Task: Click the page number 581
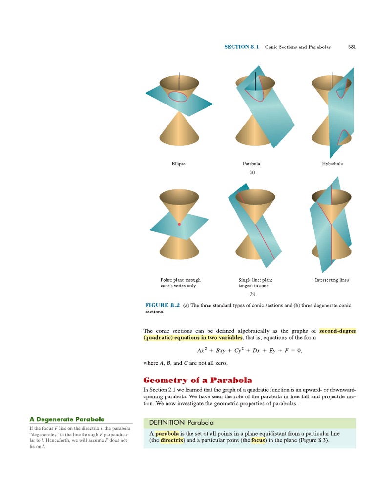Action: click(x=352, y=47)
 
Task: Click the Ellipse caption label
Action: click(x=179, y=164)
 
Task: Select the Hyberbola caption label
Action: click(x=332, y=164)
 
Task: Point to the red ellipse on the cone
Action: click(x=178, y=96)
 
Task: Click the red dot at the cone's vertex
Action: click(x=179, y=224)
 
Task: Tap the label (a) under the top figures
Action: click(x=252, y=172)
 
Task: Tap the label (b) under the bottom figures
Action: click(x=252, y=294)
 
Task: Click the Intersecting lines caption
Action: click(x=332, y=280)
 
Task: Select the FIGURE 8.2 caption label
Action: click(x=163, y=305)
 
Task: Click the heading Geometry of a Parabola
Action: click(x=198, y=380)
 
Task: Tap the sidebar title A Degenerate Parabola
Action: click(x=67, y=419)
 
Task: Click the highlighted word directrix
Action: click(x=172, y=440)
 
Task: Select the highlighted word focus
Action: click(x=258, y=440)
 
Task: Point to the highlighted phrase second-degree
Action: click(x=338, y=331)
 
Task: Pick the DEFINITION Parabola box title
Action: click(x=181, y=422)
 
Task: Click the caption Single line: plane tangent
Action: click(x=255, y=283)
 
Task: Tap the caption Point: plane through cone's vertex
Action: click(x=180, y=283)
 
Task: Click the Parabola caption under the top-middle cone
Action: click(x=251, y=164)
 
